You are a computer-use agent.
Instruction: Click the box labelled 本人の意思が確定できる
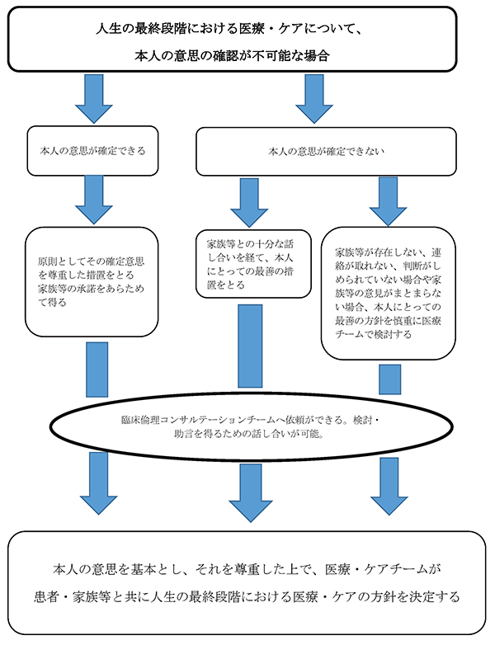tap(92, 151)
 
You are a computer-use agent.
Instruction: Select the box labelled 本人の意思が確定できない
tap(326, 151)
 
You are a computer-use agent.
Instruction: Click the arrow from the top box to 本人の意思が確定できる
tap(92, 98)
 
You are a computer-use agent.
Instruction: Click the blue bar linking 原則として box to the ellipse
tap(97, 369)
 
